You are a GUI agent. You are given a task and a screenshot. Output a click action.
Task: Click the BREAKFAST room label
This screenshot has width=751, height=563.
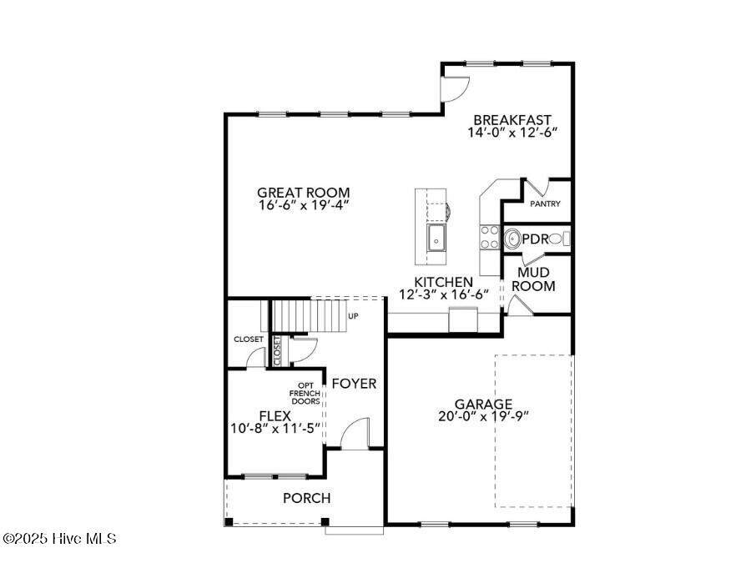coord(512,119)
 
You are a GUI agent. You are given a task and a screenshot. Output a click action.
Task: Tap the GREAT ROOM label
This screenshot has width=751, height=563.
coord(304,193)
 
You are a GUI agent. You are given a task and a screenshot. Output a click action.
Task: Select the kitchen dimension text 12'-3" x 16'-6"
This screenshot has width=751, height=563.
coord(444,294)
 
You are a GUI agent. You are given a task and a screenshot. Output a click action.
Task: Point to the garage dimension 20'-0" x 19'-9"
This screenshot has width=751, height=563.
coord(483,416)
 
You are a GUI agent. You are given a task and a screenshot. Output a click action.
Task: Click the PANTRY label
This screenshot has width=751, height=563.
coord(545,204)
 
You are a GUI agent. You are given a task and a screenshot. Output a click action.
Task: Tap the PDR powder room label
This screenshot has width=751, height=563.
coord(535,239)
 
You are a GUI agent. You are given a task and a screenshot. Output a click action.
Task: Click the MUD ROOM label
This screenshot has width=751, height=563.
coord(533,279)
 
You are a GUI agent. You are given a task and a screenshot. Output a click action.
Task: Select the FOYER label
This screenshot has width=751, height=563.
coord(354,384)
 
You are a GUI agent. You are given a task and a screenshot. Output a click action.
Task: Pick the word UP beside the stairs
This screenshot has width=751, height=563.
coord(353,316)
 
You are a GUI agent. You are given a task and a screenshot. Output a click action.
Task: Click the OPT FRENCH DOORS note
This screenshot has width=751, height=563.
coord(305,394)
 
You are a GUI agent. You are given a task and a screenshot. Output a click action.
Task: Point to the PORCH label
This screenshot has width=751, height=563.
coord(306,499)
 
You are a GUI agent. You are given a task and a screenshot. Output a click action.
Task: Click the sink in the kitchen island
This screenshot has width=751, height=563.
coord(436,237)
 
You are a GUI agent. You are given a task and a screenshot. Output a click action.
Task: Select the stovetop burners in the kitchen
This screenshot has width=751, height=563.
coord(490,237)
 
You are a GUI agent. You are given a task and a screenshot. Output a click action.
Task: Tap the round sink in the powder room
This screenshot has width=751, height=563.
coord(513,238)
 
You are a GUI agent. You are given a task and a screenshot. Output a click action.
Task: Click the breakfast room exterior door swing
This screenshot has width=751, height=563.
coord(455,89)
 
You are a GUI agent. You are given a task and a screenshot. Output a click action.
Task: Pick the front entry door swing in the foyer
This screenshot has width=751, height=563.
coord(355,433)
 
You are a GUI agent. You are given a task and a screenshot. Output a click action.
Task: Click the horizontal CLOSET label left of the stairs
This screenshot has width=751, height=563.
coord(249,339)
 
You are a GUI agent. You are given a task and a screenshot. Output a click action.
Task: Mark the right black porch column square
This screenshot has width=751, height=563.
coord(325,521)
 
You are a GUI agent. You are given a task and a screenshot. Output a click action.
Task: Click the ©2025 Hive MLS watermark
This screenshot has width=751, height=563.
coord(58,539)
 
